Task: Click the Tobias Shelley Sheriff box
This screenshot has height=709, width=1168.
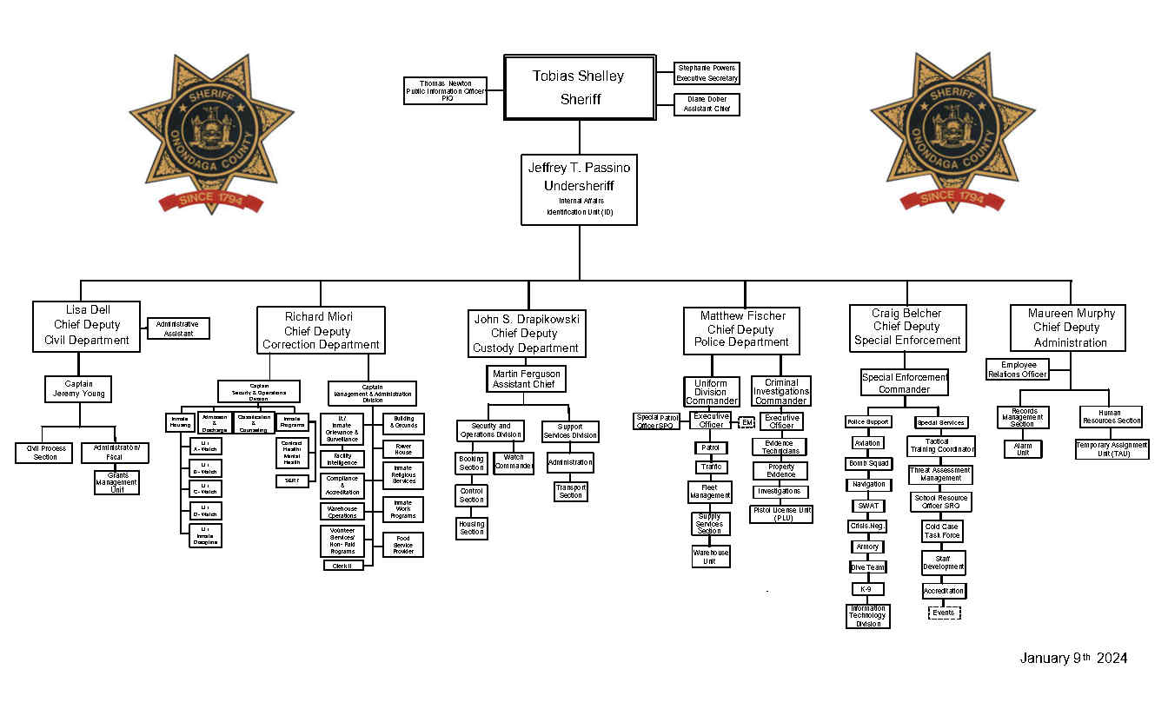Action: coord(579,87)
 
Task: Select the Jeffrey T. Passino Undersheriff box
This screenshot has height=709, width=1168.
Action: coord(579,189)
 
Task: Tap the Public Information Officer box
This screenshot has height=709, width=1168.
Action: coord(445,90)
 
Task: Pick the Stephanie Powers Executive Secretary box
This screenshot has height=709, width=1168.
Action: coord(707,73)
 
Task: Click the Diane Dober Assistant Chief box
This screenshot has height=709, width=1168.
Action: coord(707,104)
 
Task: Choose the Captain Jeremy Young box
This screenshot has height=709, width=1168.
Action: coord(79,388)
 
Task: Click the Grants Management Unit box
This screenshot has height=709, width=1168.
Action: coord(116,482)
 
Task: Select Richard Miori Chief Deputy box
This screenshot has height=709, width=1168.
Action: coord(321,330)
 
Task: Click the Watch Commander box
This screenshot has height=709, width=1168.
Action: coord(514,462)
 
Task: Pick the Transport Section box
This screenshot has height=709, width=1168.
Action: coord(571,491)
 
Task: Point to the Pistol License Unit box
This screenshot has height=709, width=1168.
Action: coord(781,514)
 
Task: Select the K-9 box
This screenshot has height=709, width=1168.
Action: coord(866,589)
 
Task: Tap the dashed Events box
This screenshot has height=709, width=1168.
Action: coord(943,613)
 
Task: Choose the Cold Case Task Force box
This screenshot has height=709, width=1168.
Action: coord(942,531)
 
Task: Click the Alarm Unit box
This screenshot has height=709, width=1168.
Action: coord(1023,449)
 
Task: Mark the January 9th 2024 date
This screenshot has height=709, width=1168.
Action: coord(1073,658)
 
